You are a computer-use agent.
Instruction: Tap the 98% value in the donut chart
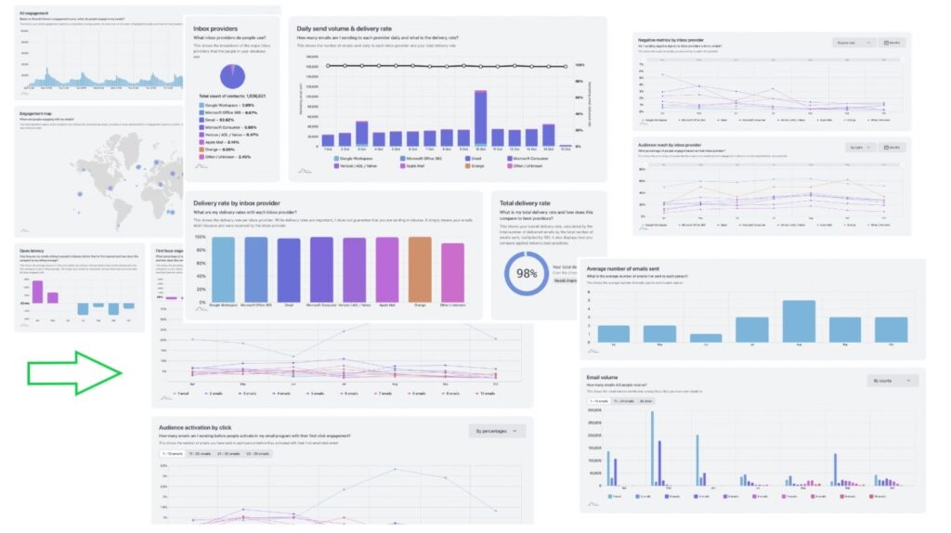coord(527,274)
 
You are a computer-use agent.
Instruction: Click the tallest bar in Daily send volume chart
coord(480,118)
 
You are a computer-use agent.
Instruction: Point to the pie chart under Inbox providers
coord(231,76)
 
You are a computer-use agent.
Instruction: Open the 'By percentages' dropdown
coord(496,431)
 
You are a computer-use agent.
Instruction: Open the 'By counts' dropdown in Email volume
coord(892,381)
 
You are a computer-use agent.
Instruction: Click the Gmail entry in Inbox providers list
coord(220,120)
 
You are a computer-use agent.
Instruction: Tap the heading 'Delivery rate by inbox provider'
coord(252,201)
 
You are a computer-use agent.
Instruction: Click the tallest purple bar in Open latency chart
coord(38,292)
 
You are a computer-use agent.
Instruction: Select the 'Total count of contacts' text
coord(232,97)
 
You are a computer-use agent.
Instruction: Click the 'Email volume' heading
coord(603,377)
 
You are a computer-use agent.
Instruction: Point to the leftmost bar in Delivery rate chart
coord(223,268)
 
